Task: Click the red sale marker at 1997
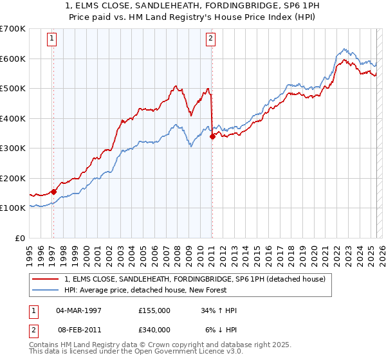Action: click(53, 191)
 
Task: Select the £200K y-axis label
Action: click(13, 178)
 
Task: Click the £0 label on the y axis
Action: click(19, 238)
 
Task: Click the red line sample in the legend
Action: click(46, 279)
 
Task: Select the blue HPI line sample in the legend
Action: click(46, 290)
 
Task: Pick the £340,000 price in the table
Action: click(154, 330)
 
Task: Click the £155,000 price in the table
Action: click(154, 310)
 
